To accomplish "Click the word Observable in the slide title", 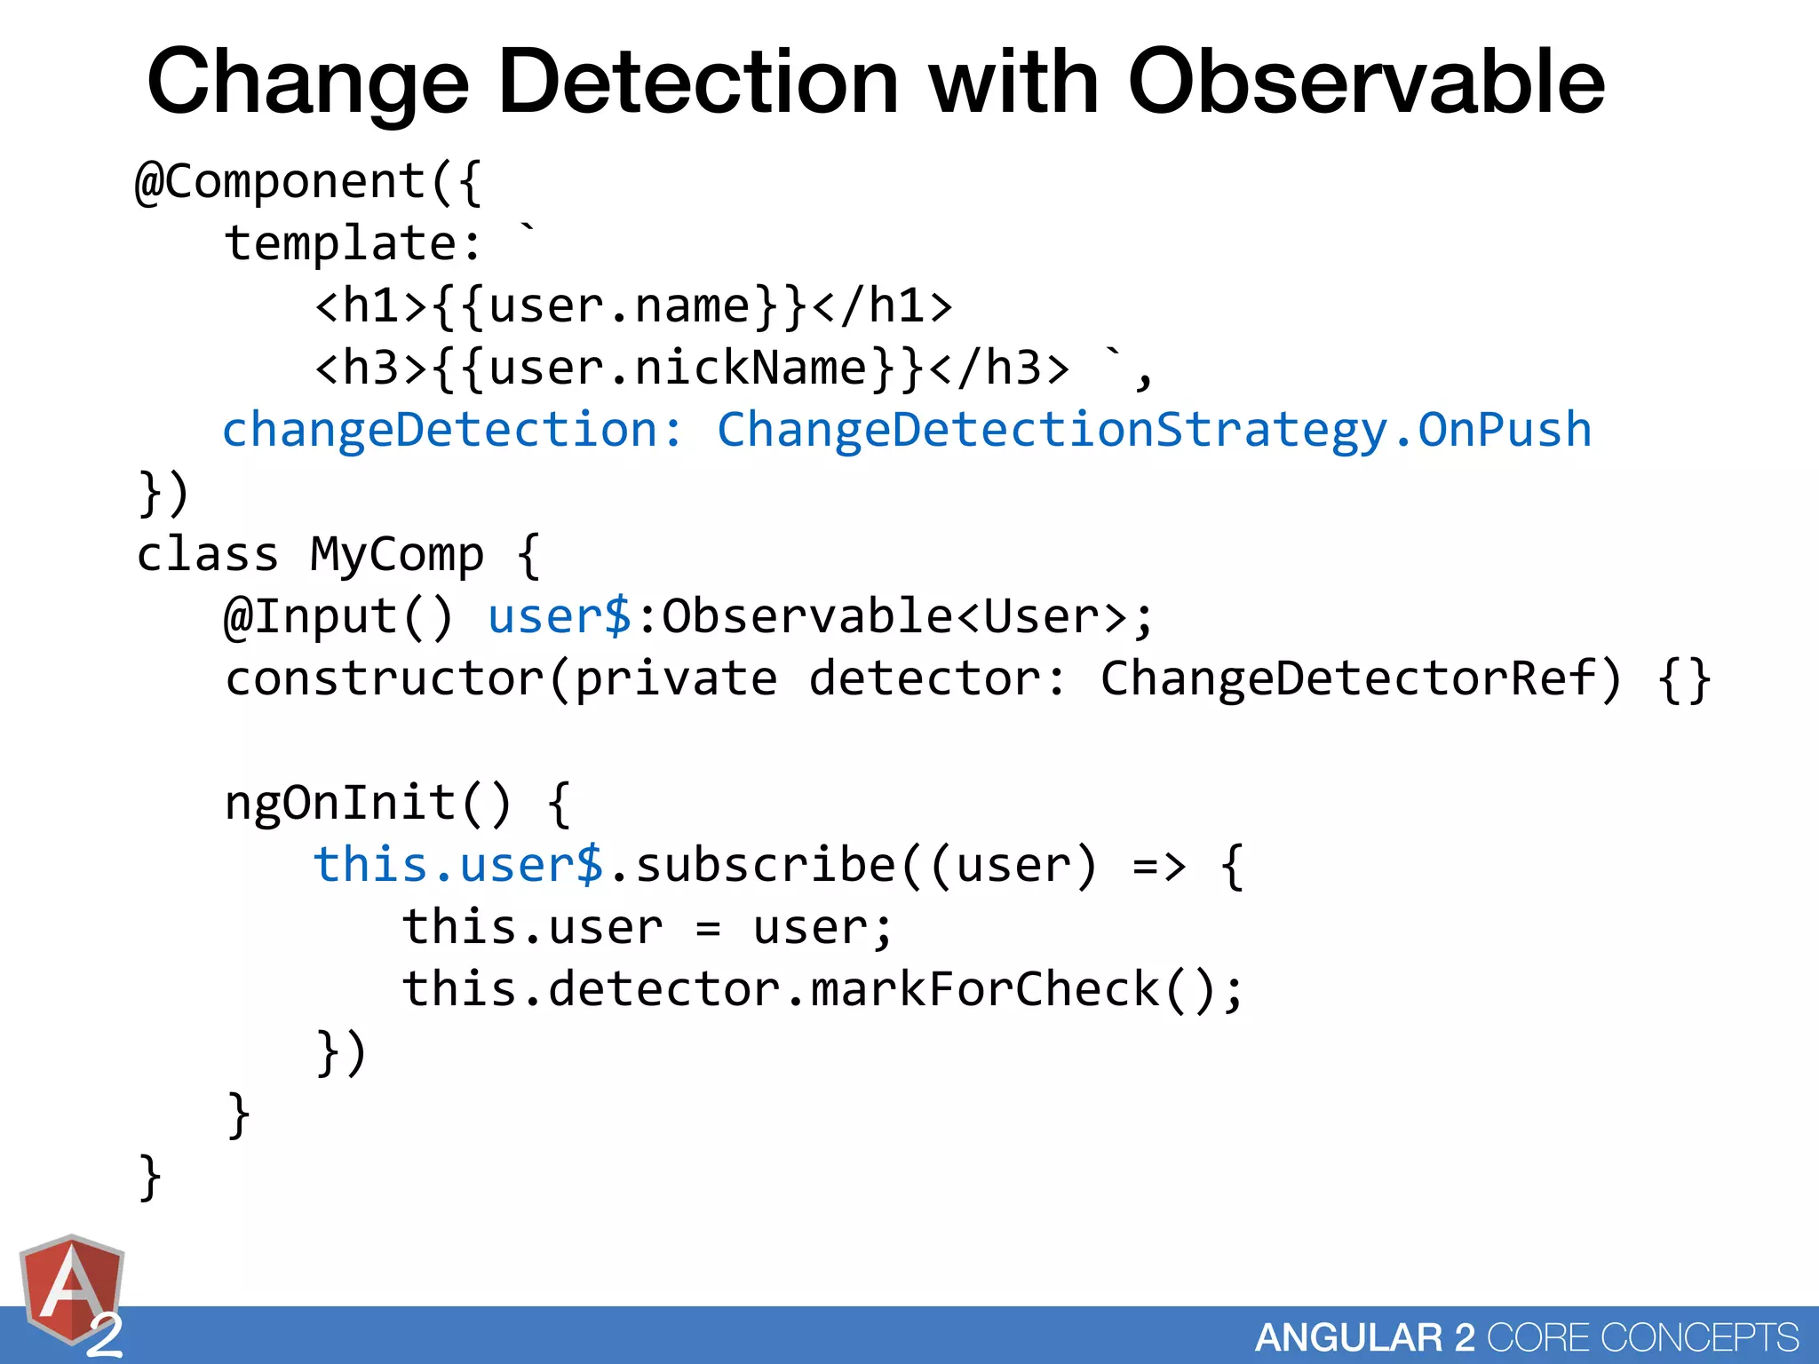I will pos(1366,82).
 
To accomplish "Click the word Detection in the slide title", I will pos(698,82).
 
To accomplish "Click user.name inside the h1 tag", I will pos(620,306).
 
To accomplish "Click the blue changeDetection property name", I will pos(439,431).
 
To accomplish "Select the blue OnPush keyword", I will pos(1505,431).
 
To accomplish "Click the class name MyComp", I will pos(397,555).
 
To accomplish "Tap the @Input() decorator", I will pos(338,617).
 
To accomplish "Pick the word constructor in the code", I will pos(384,679).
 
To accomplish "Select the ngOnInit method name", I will pos(340,804).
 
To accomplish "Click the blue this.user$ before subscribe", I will pos(458,866).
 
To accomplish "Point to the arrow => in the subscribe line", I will pos(1159,866).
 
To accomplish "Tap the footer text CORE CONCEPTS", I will pos(1643,1337).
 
